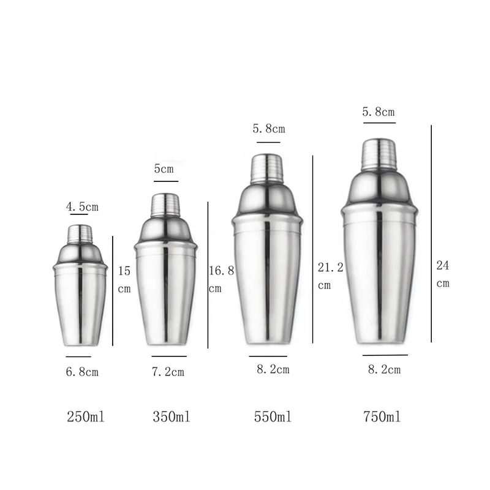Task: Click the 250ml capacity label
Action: tap(85, 418)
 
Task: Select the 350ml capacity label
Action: tap(171, 418)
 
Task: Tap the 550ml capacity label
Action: tap(273, 418)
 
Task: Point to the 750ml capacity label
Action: tap(382, 418)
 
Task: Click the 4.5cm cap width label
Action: tap(82, 207)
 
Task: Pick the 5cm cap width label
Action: tap(164, 169)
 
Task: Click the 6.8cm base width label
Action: tap(82, 371)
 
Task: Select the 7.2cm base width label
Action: tap(168, 372)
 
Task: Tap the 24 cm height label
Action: tap(443, 274)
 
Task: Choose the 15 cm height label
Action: tap(124, 279)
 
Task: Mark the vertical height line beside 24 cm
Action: tap(432, 233)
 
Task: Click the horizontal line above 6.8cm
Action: tap(78, 356)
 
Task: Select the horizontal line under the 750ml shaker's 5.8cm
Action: tap(379, 123)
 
